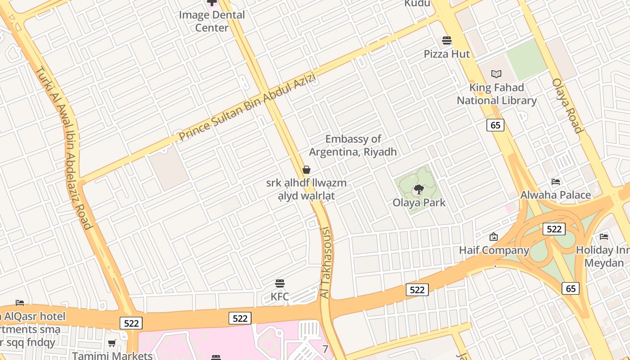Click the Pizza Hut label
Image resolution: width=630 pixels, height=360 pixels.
446,54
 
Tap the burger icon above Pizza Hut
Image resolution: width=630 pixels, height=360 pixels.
447,40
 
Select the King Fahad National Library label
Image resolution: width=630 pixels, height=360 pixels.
496,94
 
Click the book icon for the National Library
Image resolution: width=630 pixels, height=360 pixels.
496,74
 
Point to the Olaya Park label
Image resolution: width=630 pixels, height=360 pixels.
419,202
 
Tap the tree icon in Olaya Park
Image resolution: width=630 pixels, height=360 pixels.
419,189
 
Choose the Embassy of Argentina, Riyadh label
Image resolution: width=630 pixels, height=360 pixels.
353,145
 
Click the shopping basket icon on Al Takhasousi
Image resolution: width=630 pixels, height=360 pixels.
306,170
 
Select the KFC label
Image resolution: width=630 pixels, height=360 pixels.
279,297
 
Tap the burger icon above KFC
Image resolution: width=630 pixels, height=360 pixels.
280,283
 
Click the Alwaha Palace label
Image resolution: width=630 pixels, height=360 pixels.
555,195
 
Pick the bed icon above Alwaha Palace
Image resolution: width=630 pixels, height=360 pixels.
556,182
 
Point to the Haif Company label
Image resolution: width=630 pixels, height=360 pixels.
494,250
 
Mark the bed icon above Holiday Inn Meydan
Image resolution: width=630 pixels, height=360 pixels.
604,236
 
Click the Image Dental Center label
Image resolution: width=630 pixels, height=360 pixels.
212,21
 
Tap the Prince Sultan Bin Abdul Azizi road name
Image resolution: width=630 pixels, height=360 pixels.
247,108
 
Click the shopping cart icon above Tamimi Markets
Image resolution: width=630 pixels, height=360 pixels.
112,343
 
